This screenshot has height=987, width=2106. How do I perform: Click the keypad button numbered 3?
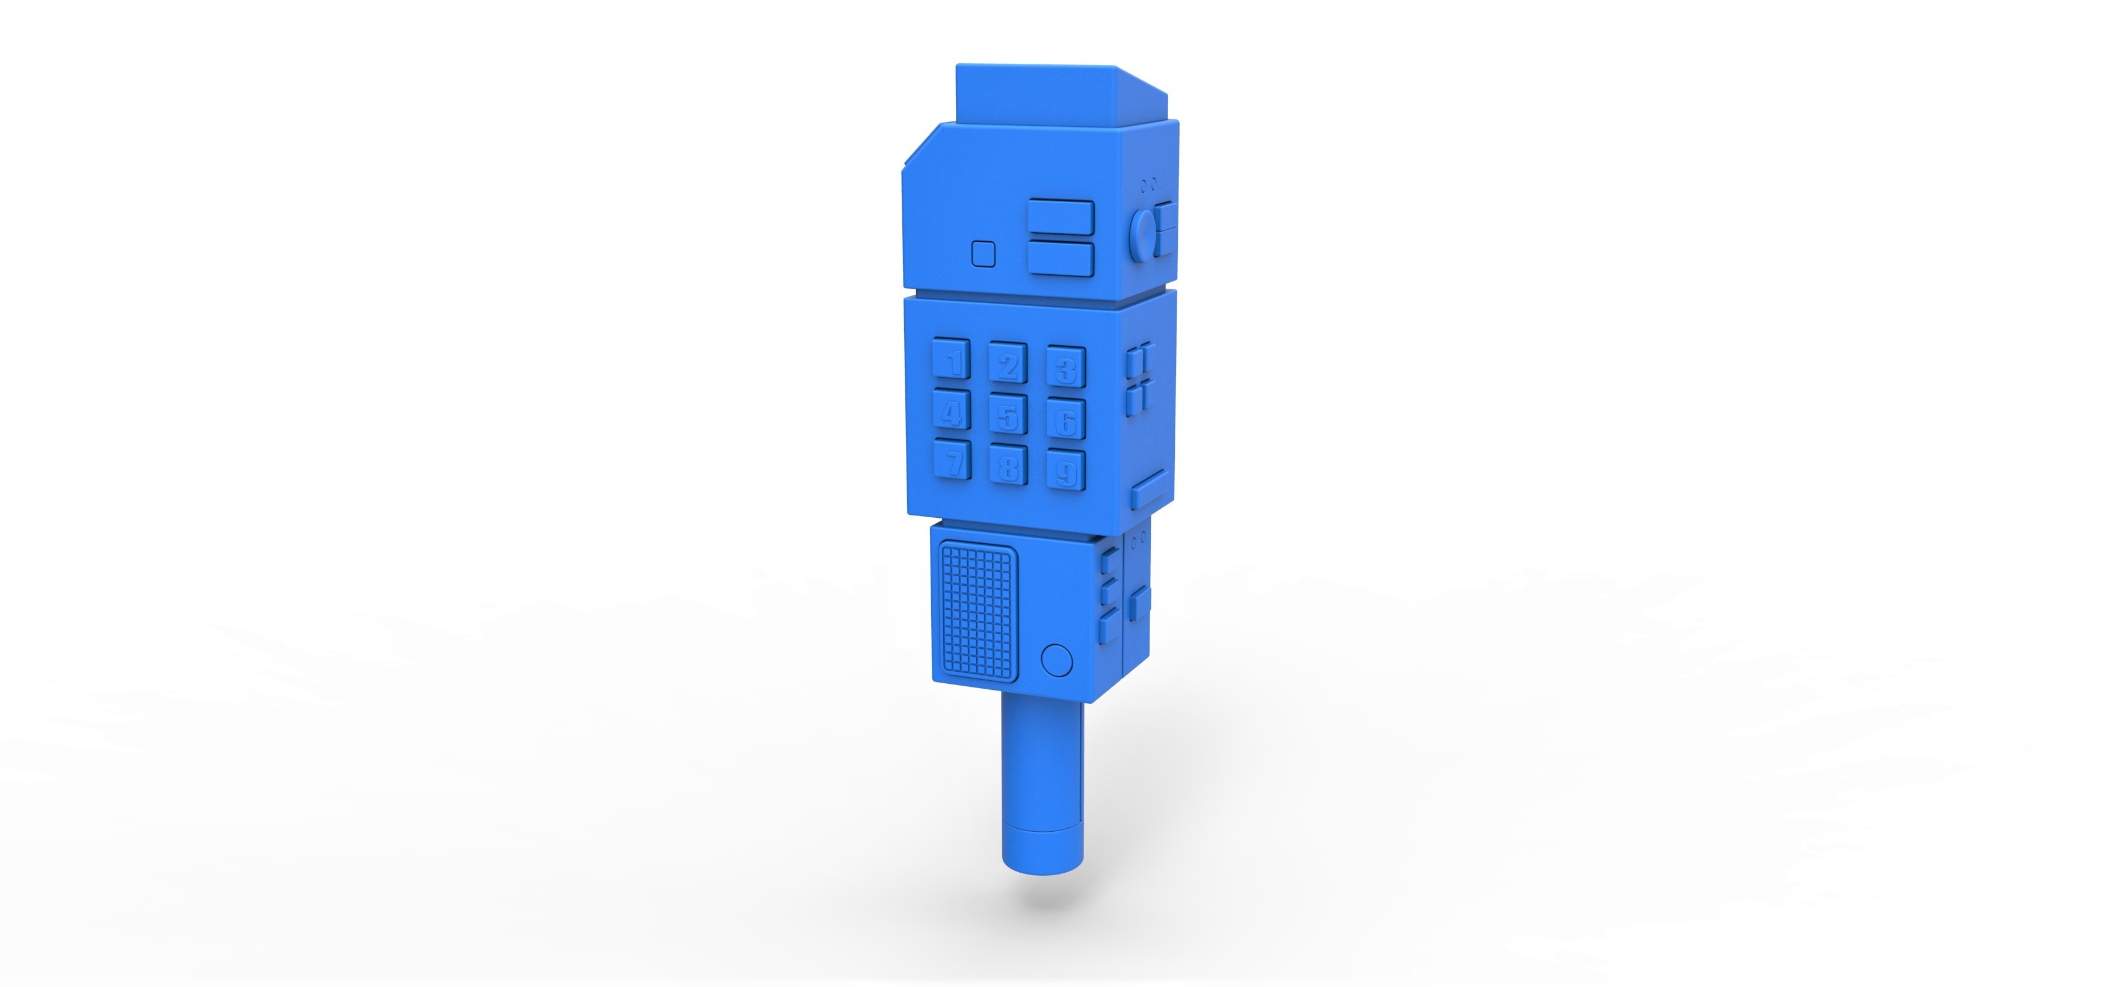[x=1066, y=367]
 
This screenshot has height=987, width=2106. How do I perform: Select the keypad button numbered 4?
[x=951, y=411]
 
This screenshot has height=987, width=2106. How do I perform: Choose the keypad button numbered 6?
[x=1066, y=419]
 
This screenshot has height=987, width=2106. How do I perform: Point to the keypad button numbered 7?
[x=951, y=460]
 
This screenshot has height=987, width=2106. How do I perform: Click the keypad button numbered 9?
[x=1066, y=470]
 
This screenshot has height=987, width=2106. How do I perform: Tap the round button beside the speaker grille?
[x=1057, y=660]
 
